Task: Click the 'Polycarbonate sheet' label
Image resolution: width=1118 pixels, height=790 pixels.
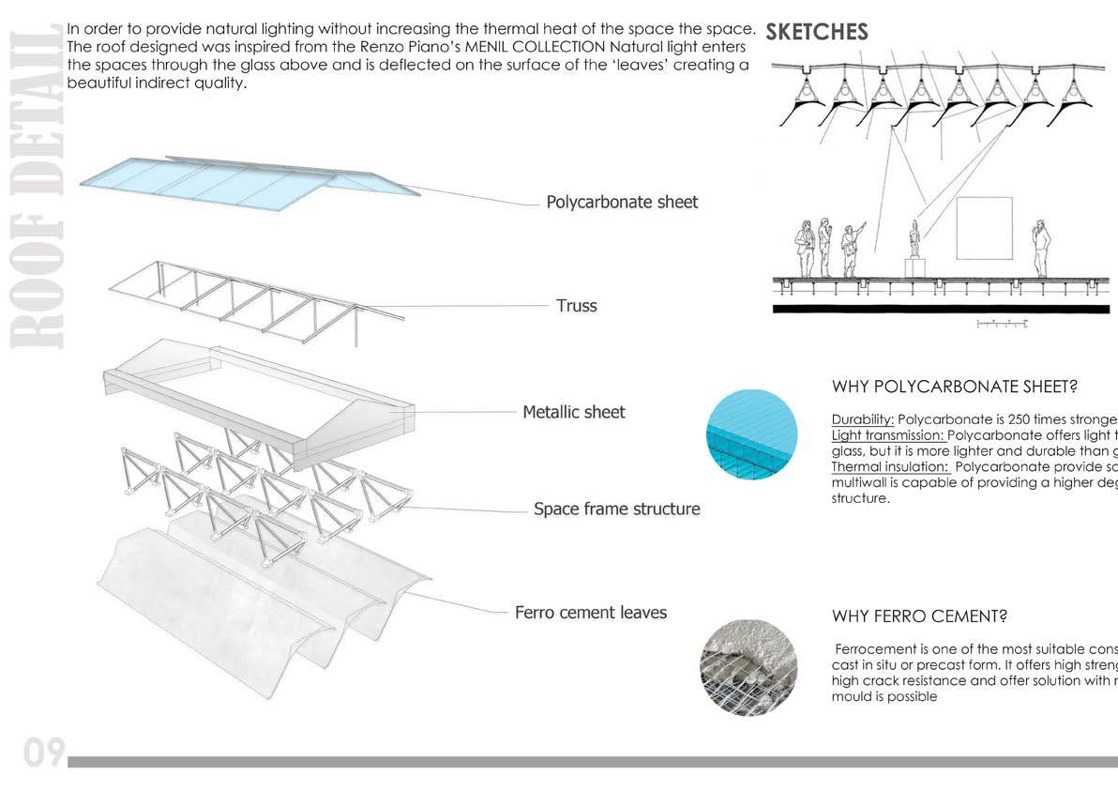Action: pos(622,202)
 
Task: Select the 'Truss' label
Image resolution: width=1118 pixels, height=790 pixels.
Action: pos(576,306)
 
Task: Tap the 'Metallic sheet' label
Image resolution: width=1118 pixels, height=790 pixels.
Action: pos(573,412)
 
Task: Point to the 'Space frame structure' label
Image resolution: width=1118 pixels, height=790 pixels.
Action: pos(616,509)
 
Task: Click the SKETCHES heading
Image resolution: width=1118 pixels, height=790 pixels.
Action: pos(816,32)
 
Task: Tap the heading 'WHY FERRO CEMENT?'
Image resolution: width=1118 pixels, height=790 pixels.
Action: pos(919,616)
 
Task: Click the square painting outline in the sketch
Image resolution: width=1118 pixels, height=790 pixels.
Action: pos(984,228)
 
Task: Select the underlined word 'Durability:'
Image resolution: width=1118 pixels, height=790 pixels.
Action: pos(862,419)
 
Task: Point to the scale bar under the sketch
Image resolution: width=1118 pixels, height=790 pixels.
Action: pos(1003,324)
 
